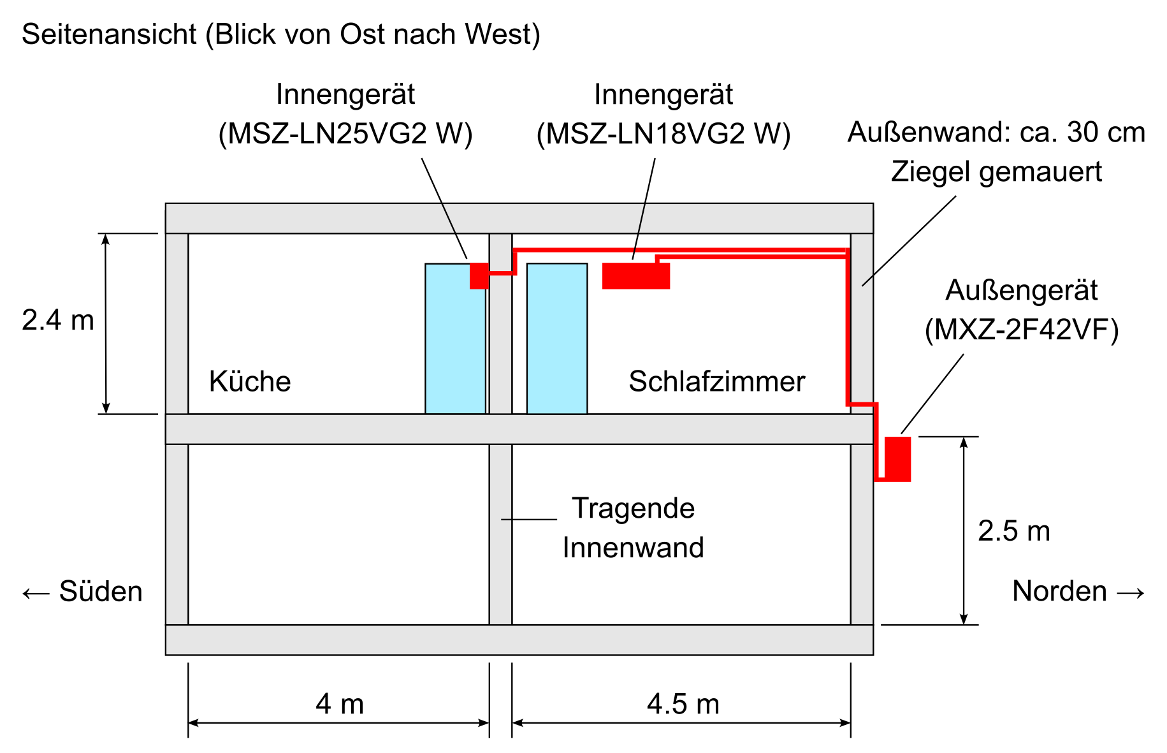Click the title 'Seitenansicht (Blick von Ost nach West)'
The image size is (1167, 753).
coord(281,34)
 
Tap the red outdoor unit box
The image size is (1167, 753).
coord(897,459)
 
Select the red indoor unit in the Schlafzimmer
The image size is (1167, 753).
coord(636,275)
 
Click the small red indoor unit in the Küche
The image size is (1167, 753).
coord(479,275)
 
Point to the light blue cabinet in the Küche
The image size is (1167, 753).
coord(456,339)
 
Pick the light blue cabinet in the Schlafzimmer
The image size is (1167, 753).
coord(557,339)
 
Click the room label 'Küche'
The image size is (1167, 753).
coord(250,381)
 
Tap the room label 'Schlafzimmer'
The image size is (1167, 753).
coord(717,381)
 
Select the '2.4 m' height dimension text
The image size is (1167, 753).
coord(58,320)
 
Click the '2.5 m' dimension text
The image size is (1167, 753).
coord(1014,531)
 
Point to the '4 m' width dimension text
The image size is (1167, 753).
coord(340,704)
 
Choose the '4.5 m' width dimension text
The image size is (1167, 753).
coord(683,704)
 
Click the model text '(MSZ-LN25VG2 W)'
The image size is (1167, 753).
coord(345,134)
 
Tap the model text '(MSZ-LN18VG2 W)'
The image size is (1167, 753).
coord(663,134)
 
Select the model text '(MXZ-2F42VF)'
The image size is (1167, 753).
coord(1022,330)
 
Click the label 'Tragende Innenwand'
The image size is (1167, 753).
coord(634,528)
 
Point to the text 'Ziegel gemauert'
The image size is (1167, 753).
coord(997,172)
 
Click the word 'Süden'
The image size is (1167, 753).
coord(101,591)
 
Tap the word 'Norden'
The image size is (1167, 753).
coord(1059,591)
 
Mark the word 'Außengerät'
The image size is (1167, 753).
coord(1022,290)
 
